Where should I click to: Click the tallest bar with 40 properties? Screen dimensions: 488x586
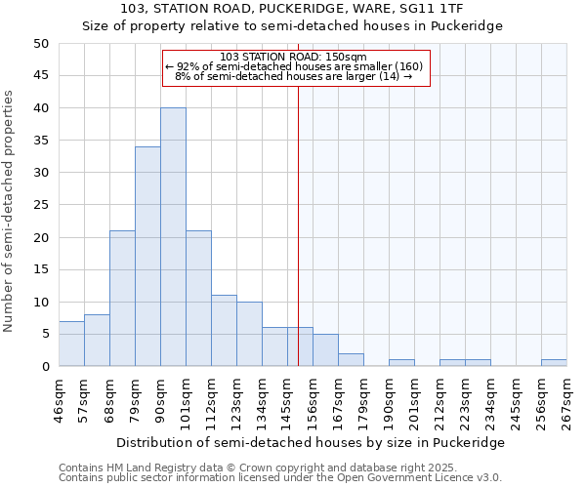[x=173, y=237]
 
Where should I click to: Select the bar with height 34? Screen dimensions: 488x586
[x=147, y=257]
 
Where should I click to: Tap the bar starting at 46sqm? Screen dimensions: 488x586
[x=71, y=344]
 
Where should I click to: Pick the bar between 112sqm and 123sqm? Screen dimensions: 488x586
[x=224, y=331]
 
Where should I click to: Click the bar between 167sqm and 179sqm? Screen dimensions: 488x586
[x=351, y=360]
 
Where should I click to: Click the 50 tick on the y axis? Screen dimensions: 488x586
[x=40, y=44]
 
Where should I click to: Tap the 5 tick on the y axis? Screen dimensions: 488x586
[x=44, y=335]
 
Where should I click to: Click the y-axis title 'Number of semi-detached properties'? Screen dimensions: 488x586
[x=10, y=211]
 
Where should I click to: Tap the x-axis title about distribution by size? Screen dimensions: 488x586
[x=309, y=442]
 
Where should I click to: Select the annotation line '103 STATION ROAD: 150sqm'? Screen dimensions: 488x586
[x=294, y=57]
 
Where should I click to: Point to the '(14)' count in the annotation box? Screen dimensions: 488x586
[x=388, y=76]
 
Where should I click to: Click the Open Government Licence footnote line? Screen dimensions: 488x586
[x=280, y=477]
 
